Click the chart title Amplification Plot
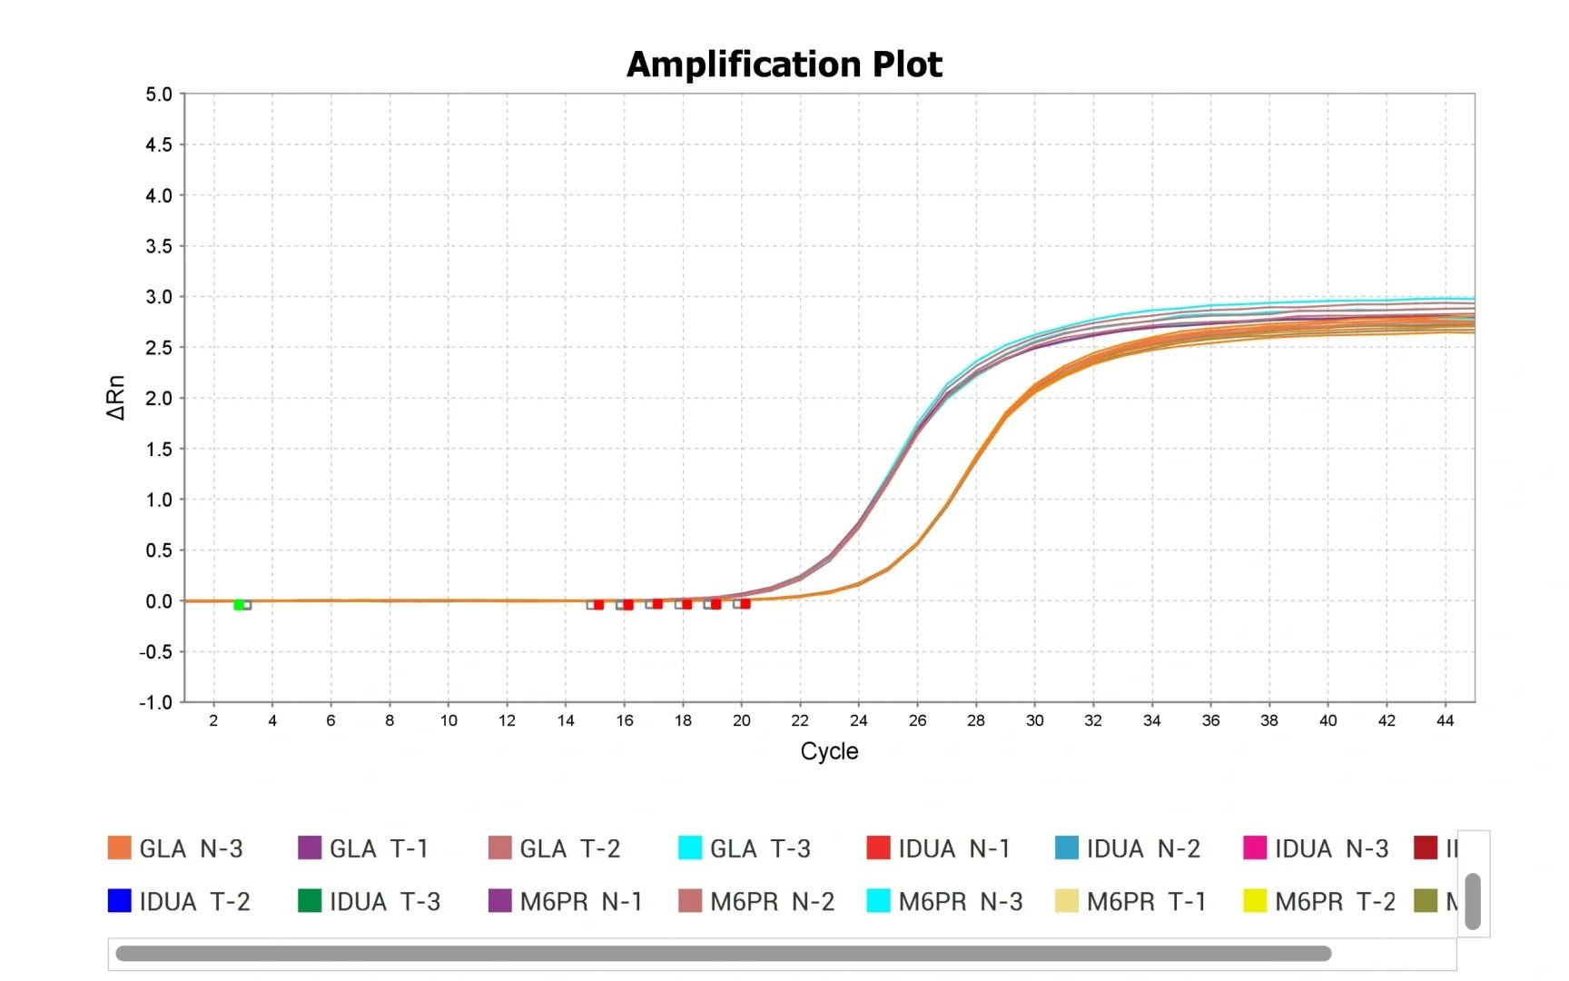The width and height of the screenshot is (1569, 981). click(x=784, y=64)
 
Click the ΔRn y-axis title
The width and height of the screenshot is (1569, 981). click(x=116, y=397)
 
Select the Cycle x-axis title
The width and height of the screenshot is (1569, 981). click(x=829, y=751)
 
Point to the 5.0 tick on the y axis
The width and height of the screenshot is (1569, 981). click(x=159, y=94)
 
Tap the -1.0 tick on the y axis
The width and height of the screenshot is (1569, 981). click(x=156, y=702)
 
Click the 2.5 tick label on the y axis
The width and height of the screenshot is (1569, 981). click(x=159, y=348)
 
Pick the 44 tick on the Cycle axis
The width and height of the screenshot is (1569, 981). click(x=1445, y=720)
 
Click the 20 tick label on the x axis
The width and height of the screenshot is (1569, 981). click(x=742, y=720)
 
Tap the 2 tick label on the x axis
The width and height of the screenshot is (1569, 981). click(x=213, y=720)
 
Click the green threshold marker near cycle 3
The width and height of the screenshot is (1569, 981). click(x=240, y=605)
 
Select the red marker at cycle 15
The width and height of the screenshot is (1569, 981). click(x=598, y=605)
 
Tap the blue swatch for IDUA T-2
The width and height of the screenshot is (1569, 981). click(x=120, y=901)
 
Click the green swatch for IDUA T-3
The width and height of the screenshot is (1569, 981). click(x=310, y=901)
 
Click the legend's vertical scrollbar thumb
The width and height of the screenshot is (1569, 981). click(x=1473, y=901)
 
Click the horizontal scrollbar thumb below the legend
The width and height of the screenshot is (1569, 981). click(x=723, y=953)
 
